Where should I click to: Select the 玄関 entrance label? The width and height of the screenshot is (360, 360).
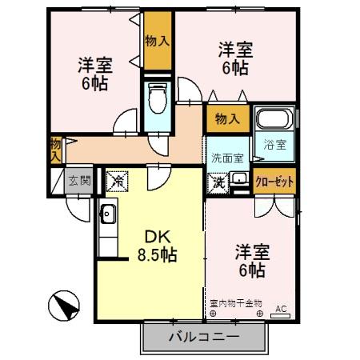point(78,181)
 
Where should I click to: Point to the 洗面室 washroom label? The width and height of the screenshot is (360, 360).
point(227,158)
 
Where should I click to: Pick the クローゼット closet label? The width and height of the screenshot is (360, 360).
point(275,182)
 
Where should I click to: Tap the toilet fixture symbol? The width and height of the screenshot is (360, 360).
point(158,100)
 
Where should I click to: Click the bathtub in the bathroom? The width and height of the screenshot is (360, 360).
point(274,122)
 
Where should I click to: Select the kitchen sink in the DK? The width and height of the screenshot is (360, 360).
point(108,214)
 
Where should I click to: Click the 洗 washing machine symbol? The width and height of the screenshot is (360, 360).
point(218,182)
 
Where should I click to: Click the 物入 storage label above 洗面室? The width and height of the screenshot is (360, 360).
point(227,120)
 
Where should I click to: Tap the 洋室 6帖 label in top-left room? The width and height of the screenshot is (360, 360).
point(94,73)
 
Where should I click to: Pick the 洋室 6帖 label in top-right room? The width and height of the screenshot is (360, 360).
point(235,58)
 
